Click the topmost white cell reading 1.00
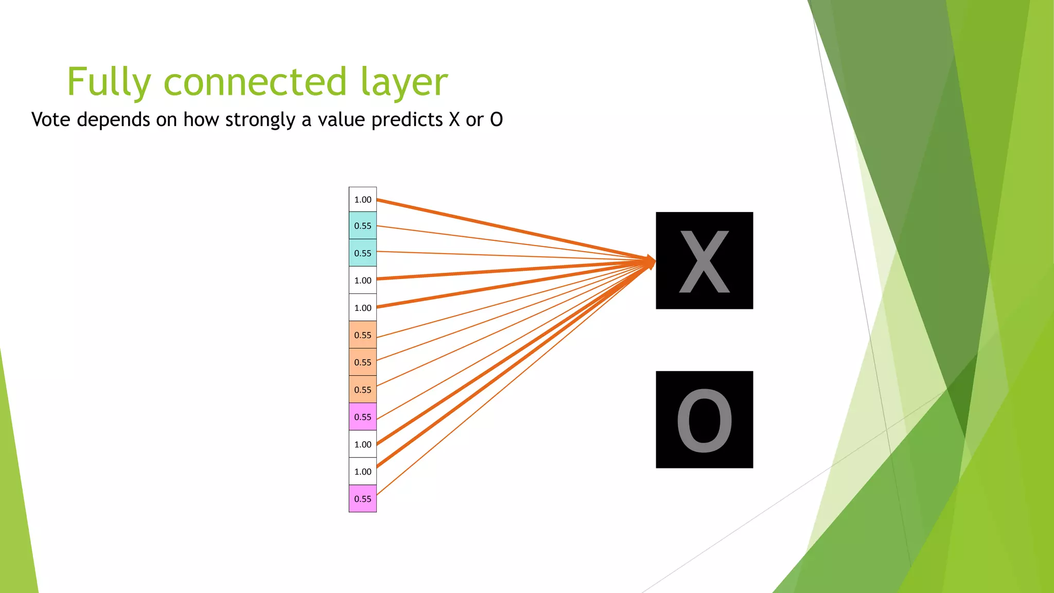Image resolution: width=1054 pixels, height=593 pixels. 362,199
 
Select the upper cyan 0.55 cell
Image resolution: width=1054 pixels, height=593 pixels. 362,225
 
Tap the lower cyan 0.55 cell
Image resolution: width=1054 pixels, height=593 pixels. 362,253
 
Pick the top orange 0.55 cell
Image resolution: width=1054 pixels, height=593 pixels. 362,335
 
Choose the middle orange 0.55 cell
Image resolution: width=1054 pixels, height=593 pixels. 362,362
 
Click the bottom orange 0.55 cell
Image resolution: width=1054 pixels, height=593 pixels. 362,389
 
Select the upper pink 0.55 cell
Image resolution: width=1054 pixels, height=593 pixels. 362,416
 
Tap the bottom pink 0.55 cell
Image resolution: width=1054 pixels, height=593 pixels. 362,498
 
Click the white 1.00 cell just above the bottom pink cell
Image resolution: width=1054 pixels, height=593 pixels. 362,471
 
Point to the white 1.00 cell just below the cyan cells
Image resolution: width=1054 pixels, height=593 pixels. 362,280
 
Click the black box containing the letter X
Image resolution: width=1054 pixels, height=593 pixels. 704,260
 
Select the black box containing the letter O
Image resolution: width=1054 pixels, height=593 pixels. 704,420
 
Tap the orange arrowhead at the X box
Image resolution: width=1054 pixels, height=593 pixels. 651,261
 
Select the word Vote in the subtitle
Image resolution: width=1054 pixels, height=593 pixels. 50,119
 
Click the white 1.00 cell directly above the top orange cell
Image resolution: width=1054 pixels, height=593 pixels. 362,307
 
